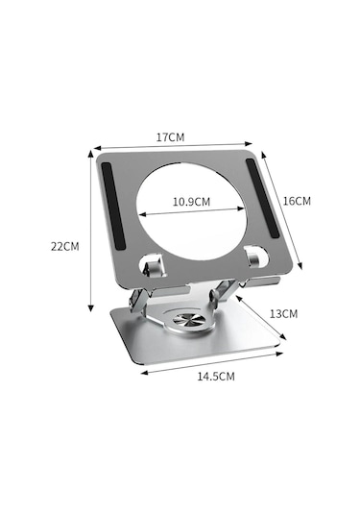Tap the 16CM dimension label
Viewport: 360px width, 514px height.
click(298, 201)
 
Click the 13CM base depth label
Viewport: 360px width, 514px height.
click(283, 313)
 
